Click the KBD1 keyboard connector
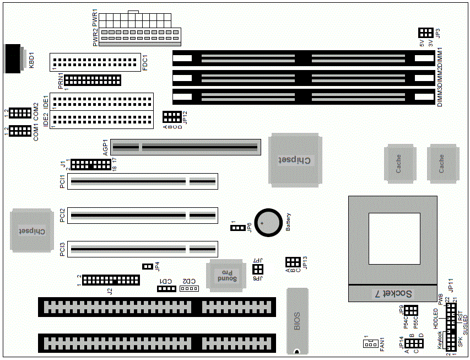[x=13, y=58]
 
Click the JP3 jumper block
[x=425, y=33]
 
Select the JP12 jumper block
[x=171, y=117]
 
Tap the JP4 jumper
[x=147, y=267]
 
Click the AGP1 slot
[x=185, y=147]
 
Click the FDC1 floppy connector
[x=95, y=62]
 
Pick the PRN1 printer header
[x=93, y=80]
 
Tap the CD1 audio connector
[x=165, y=288]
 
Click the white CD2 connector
[x=188, y=288]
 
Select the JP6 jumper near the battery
[x=237, y=228]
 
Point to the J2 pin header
[x=111, y=280]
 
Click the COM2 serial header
[x=20, y=113]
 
